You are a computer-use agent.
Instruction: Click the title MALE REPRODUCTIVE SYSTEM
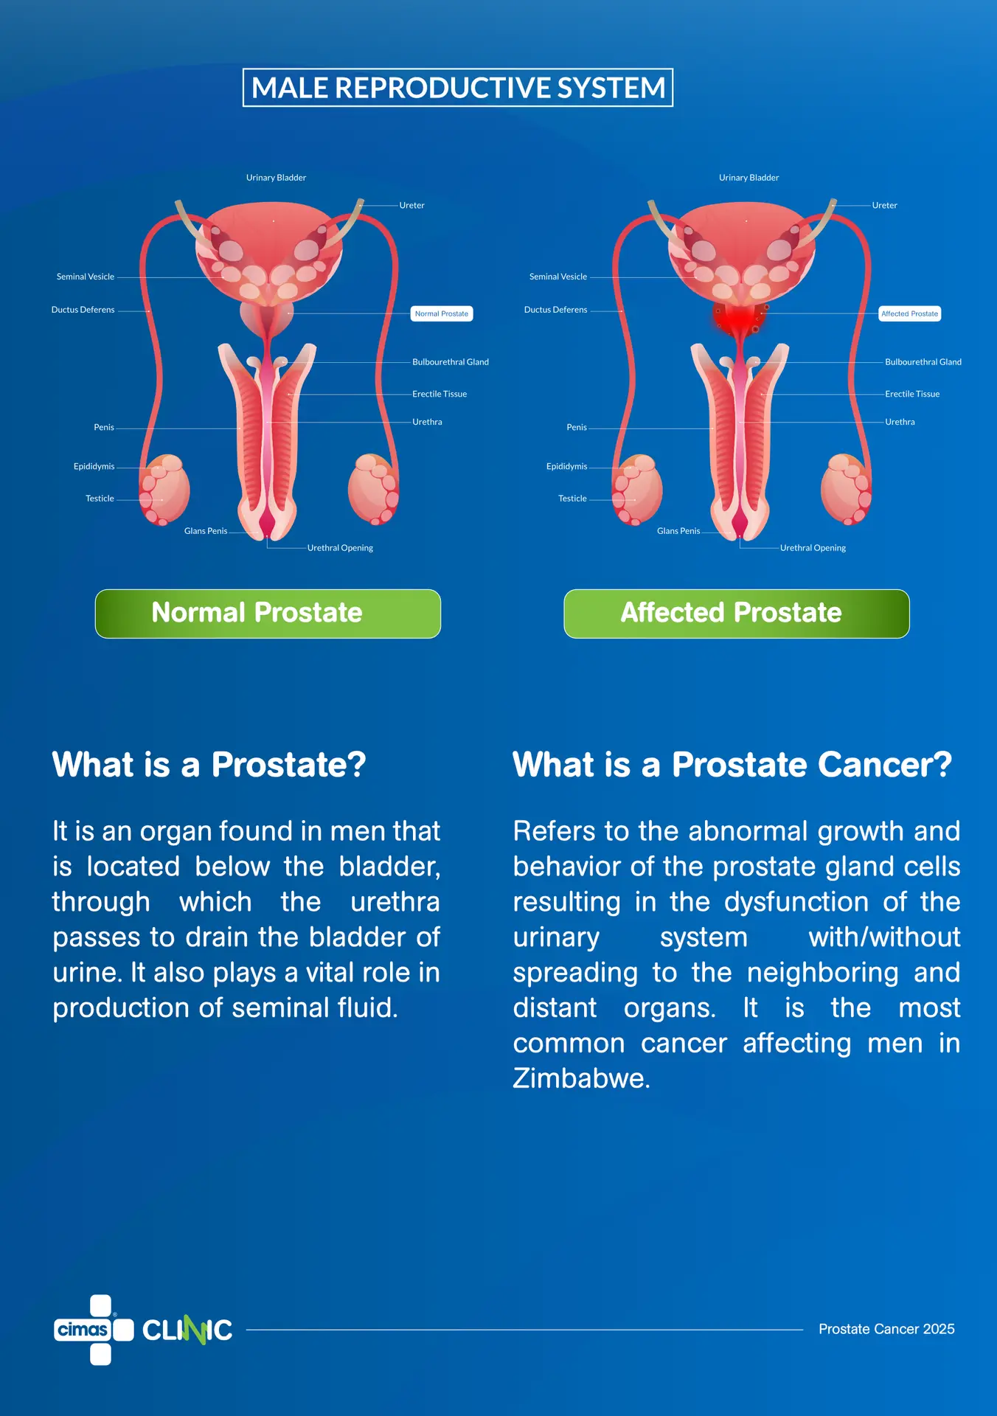(458, 88)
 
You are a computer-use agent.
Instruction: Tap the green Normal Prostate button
(268, 614)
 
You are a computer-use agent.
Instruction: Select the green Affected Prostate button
(737, 614)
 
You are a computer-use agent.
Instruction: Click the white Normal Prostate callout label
(442, 313)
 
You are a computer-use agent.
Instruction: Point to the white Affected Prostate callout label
(910, 313)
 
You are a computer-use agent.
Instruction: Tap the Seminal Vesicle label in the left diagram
(86, 277)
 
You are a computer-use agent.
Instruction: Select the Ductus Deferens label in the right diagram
(556, 310)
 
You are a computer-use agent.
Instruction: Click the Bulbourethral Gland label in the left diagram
(451, 362)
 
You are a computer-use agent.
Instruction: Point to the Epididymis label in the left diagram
(94, 466)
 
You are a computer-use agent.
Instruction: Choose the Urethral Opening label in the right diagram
(813, 548)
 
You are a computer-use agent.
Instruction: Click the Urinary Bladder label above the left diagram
(276, 178)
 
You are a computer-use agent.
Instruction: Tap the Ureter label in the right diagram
(885, 206)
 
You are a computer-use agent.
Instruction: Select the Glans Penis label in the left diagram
(206, 531)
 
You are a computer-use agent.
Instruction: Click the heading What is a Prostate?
(209, 765)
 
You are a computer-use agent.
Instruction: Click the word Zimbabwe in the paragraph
(580, 1078)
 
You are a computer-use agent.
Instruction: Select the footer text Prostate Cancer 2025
(886, 1329)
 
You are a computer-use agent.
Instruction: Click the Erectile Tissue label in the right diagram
(912, 394)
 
